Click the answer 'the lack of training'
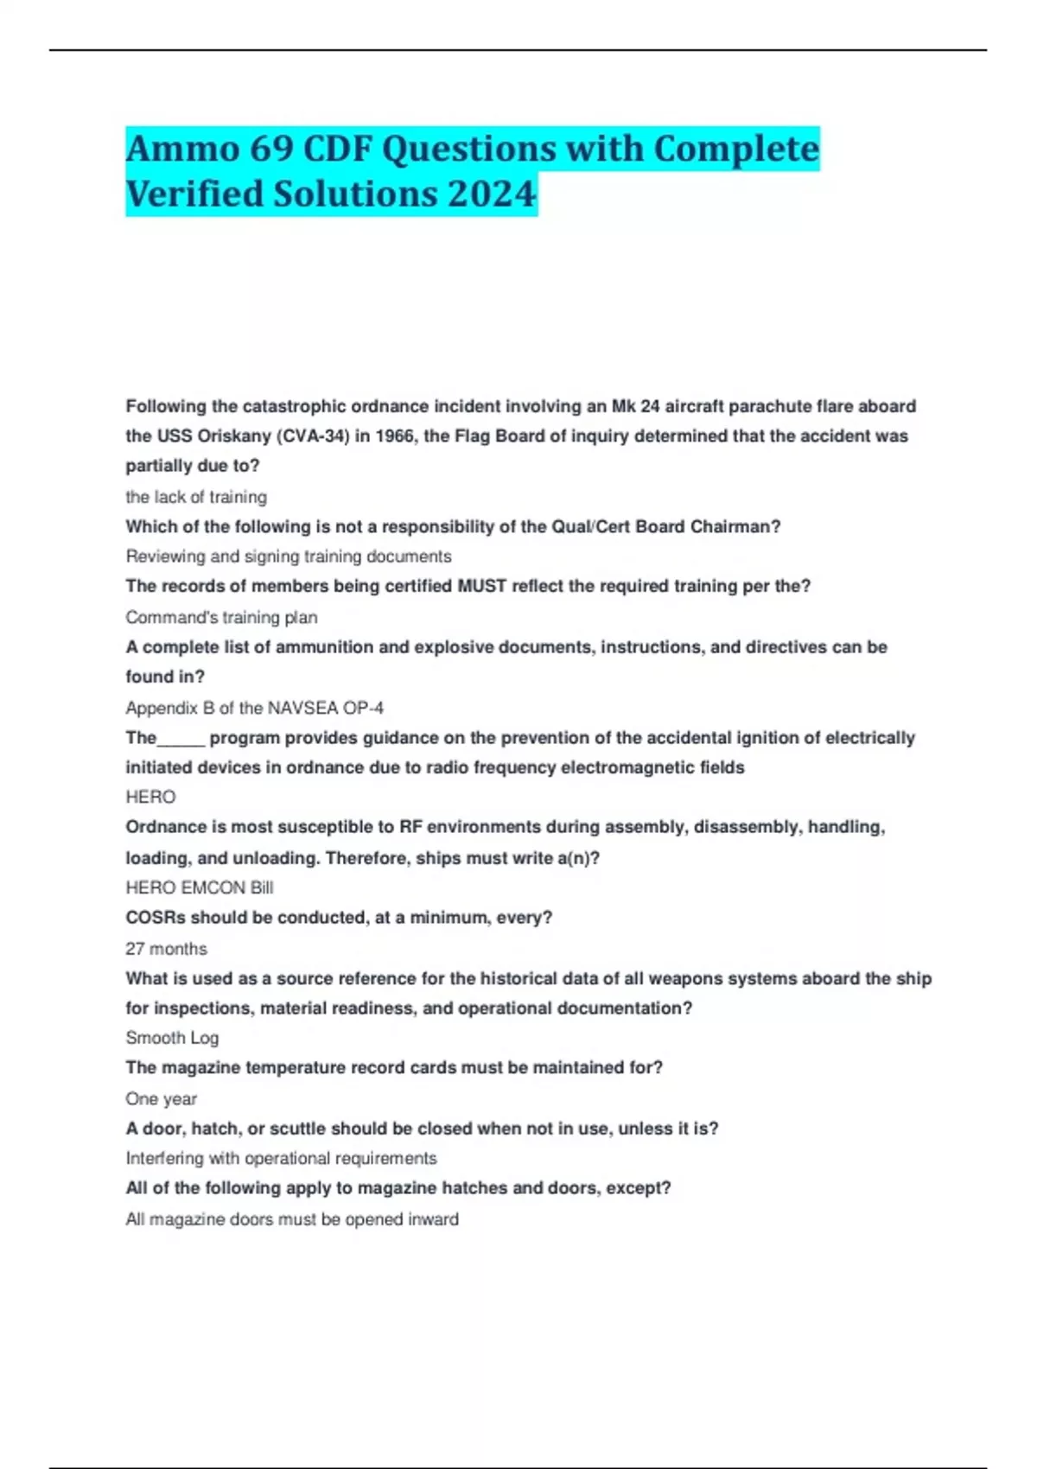196,497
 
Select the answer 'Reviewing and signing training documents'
289,556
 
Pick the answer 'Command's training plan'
221,617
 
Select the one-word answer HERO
150,797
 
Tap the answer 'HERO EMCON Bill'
200,887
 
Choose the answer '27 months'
166,949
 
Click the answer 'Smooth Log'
172,1038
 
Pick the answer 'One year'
161,1099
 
